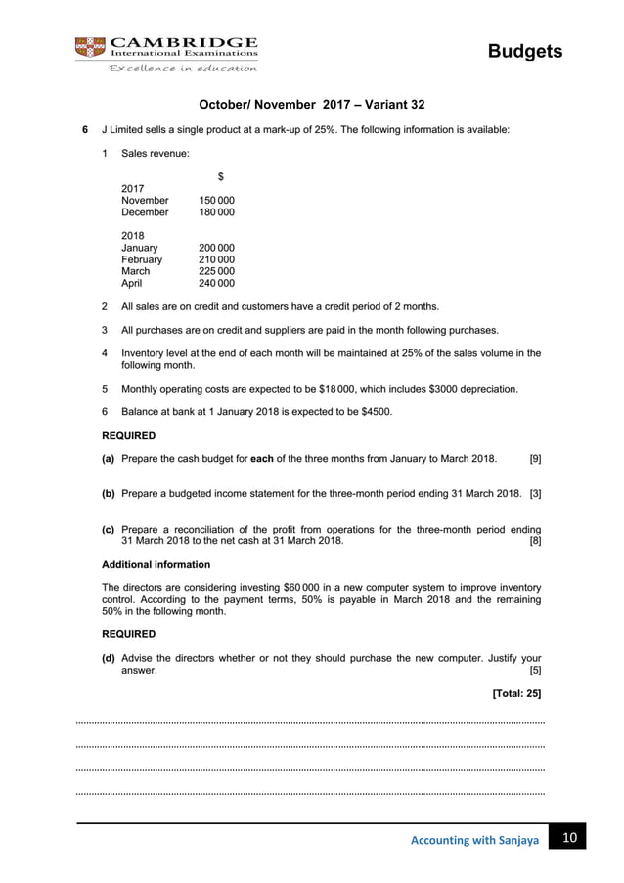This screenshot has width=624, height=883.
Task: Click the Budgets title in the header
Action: click(x=527, y=51)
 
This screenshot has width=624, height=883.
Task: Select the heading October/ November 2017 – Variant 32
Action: click(x=312, y=103)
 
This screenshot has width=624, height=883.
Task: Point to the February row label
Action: click(x=143, y=260)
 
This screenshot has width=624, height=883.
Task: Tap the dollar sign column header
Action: click(x=220, y=176)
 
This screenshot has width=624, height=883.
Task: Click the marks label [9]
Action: click(x=535, y=457)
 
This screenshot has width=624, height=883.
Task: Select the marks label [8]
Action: click(x=535, y=540)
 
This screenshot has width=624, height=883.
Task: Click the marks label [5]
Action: click(x=535, y=671)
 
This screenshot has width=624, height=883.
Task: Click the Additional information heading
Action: click(x=156, y=565)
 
